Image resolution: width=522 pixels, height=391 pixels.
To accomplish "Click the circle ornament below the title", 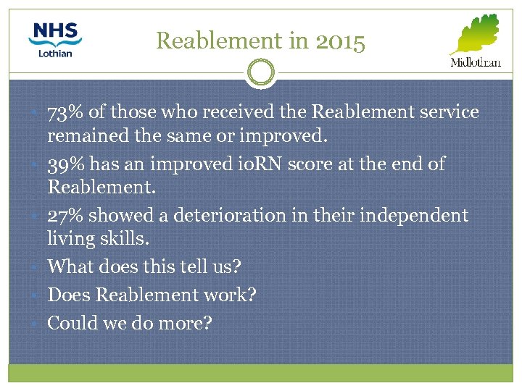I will pyautogui.click(x=261, y=73).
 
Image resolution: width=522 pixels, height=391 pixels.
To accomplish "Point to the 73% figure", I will pyautogui.click(x=66, y=112).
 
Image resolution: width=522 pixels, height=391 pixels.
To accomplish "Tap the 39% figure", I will pyautogui.click(x=66, y=164).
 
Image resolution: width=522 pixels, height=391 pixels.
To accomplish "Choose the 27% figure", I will pyautogui.click(x=66, y=216).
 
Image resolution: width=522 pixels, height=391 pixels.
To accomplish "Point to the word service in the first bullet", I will pyautogui.click(x=441, y=112).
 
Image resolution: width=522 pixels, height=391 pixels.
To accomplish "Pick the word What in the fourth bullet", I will pyautogui.click(x=70, y=266).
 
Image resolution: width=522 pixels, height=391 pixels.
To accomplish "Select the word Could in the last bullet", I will pyautogui.click(x=71, y=324).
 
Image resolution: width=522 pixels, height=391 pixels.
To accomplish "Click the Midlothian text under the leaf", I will pyautogui.click(x=476, y=63).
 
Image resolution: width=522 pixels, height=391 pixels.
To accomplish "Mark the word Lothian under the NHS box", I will pyautogui.click(x=56, y=53).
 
